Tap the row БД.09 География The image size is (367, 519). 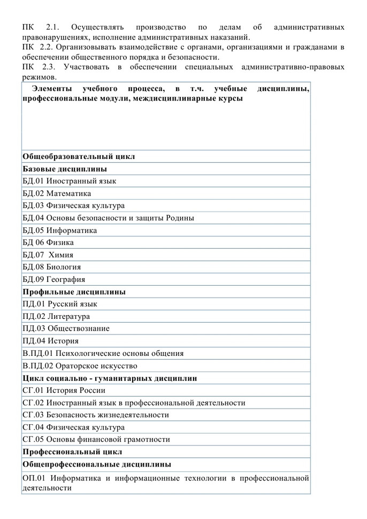click(53, 280)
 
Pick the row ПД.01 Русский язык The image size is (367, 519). click(60, 304)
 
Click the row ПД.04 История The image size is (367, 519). click(51, 341)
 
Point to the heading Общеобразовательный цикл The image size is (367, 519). click(79, 157)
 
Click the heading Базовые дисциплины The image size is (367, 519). click(64, 169)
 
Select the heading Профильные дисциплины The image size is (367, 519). click(74, 292)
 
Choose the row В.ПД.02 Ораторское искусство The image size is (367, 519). click(80, 366)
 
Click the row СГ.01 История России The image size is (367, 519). click(60, 391)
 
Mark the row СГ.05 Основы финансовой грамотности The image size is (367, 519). click(96, 440)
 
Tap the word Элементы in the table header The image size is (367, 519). click(52, 88)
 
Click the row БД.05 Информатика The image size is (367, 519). click(60, 231)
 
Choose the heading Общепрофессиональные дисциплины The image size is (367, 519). click(97, 464)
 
